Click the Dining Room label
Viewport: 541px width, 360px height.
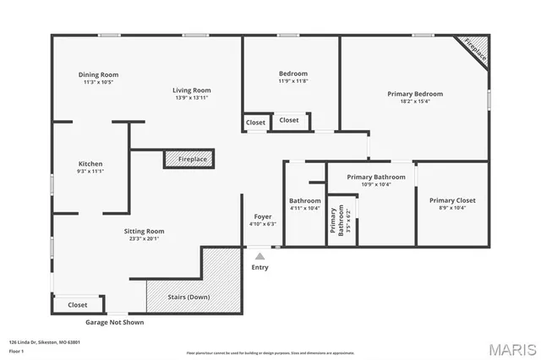click(x=96, y=74)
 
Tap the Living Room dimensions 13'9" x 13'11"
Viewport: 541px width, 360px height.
click(x=192, y=99)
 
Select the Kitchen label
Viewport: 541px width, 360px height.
click(x=90, y=164)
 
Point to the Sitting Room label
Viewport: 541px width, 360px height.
click(x=146, y=231)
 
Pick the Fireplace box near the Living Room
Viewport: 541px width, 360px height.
click(x=189, y=159)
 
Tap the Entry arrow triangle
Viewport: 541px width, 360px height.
click(x=260, y=255)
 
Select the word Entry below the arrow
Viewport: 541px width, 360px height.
click(x=260, y=268)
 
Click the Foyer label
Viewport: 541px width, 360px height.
click(x=263, y=216)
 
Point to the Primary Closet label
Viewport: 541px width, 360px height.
click(x=452, y=200)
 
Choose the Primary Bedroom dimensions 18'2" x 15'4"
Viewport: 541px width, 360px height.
click(x=415, y=101)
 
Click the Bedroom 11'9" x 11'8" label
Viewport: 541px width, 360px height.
click(x=293, y=74)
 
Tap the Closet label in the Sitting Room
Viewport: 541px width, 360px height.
click(x=77, y=304)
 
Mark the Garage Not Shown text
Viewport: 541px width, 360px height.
click(x=115, y=322)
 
